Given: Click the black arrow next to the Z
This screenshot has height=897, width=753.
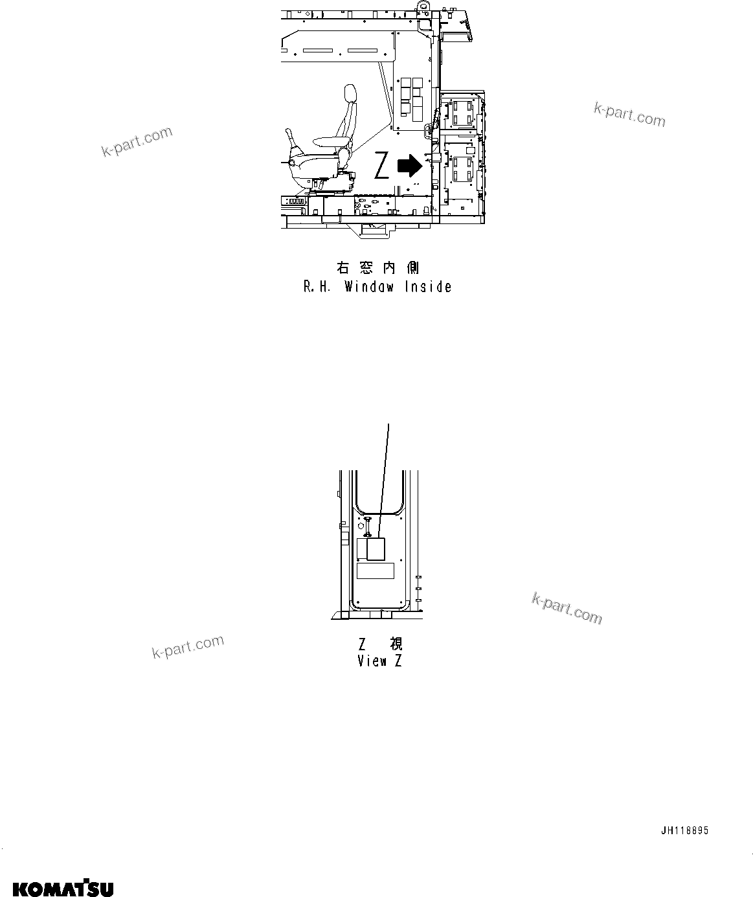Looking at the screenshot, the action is tap(410, 166).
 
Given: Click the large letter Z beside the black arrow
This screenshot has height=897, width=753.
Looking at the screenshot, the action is tap(382, 166).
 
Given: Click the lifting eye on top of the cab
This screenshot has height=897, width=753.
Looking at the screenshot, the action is tap(424, 8).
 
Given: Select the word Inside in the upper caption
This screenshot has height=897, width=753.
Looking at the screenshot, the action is tap(428, 287).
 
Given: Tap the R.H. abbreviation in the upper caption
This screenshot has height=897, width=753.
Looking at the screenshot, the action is tap(317, 287).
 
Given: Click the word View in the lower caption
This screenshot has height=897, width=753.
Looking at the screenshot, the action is tap(372, 661).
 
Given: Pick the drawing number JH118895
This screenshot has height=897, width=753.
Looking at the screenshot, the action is tap(684, 831).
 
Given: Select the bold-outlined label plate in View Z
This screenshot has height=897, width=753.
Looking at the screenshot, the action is tap(376, 549).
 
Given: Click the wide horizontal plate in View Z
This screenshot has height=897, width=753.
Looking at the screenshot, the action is tap(376, 571).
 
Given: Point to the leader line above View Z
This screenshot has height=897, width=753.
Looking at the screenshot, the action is tap(385, 466).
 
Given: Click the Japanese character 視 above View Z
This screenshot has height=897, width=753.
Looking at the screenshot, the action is tap(395, 644).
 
